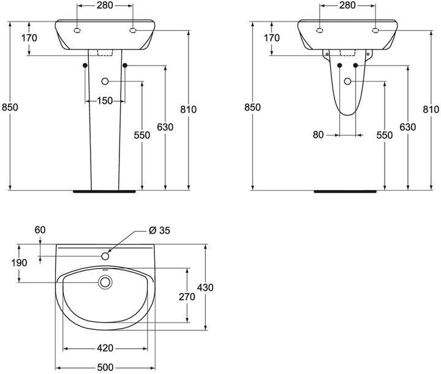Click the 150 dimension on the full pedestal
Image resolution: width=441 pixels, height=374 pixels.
[104, 101]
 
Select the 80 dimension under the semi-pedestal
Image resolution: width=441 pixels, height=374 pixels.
[318, 135]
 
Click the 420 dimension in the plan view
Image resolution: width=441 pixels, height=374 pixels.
[105, 348]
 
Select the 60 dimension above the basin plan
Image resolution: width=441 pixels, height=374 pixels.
[40, 230]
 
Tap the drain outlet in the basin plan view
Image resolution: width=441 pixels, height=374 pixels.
[105, 282]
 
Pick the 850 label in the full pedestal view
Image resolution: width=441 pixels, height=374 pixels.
[10, 107]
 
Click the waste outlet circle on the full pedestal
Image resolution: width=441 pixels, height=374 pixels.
[105, 81]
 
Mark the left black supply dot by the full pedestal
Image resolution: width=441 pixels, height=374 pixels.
[85, 65]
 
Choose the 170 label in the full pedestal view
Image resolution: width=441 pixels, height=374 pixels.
[29, 38]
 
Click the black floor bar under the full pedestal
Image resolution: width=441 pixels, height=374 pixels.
[105, 191]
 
